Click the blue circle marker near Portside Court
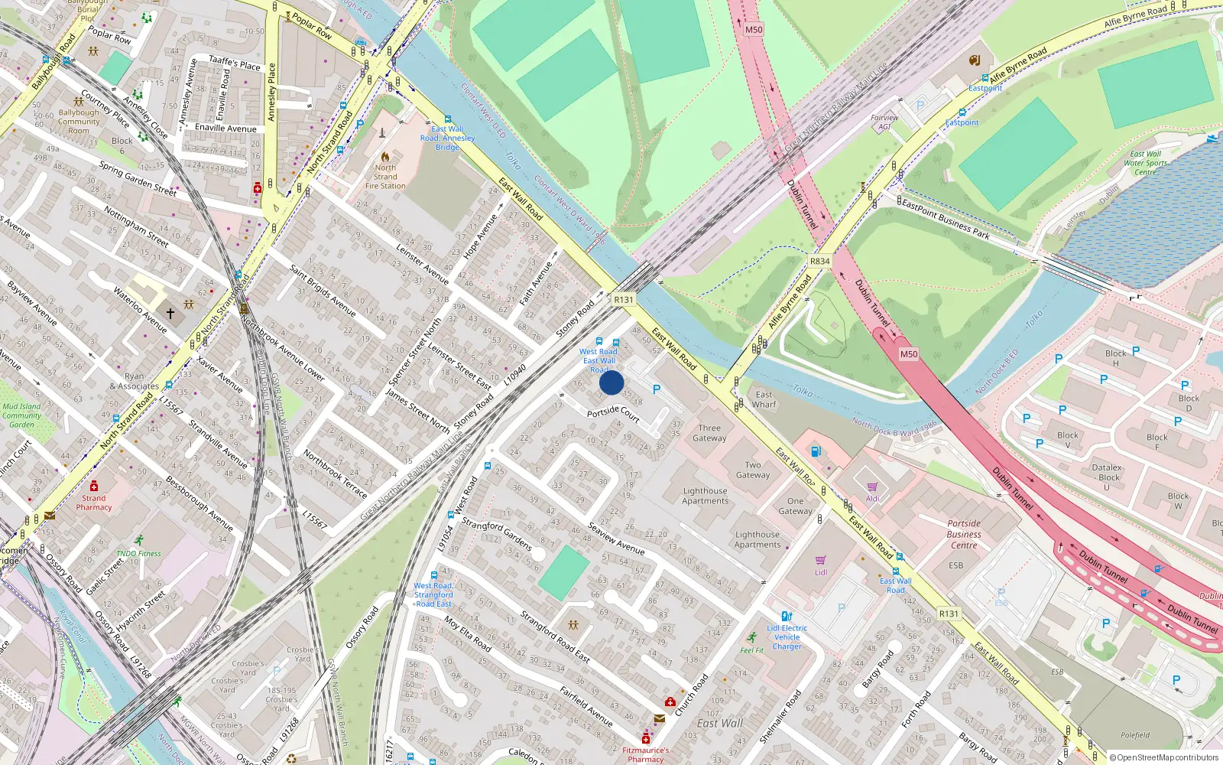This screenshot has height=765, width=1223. pos(611,382)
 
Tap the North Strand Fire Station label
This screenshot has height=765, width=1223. pos(385,177)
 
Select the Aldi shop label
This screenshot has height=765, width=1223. pos(872,498)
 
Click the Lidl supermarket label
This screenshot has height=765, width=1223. pos(821,572)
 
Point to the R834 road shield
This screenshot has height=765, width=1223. pos(819,261)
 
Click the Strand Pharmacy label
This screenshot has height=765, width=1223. pos(94,502)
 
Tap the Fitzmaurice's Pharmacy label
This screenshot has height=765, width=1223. pos(645,754)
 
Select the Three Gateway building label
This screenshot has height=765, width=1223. pos(709,433)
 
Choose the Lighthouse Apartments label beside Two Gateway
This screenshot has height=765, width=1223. pos(705,496)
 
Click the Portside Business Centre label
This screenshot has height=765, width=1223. pos(964,534)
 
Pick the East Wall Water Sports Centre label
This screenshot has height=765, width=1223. pos(1145,163)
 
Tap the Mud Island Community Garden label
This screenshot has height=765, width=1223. pos(21,415)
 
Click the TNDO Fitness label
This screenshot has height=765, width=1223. pos(138,553)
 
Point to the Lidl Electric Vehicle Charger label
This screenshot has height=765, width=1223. pos(787,637)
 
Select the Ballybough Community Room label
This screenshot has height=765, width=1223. pos(79,122)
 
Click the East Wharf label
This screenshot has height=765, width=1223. pos(764,399)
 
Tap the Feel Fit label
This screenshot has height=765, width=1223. pos(751,650)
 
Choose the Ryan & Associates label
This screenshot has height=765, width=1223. pos(134,381)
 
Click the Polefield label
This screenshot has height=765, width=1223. pos(1135,735)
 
